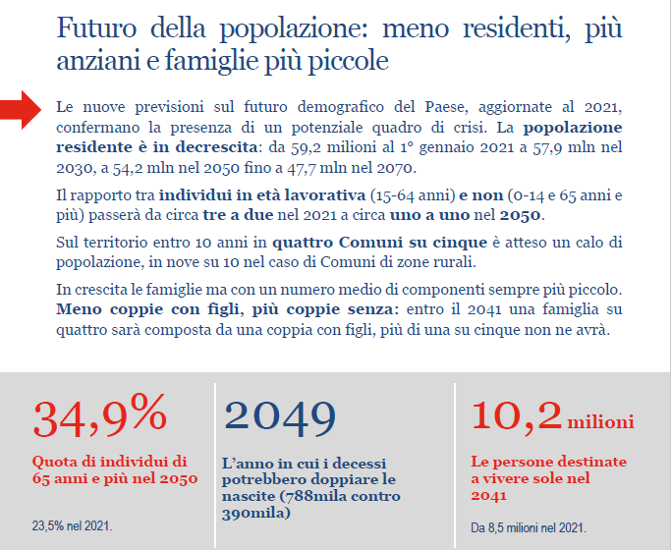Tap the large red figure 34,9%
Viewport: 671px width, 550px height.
pyautogui.click(x=99, y=417)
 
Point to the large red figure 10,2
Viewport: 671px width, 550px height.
pyautogui.click(x=516, y=416)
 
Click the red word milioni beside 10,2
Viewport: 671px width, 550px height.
pyautogui.click(x=599, y=422)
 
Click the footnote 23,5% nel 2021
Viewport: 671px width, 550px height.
pyautogui.click(x=73, y=526)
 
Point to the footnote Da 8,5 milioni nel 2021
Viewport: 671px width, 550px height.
pyautogui.click(x=529, y=527)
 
